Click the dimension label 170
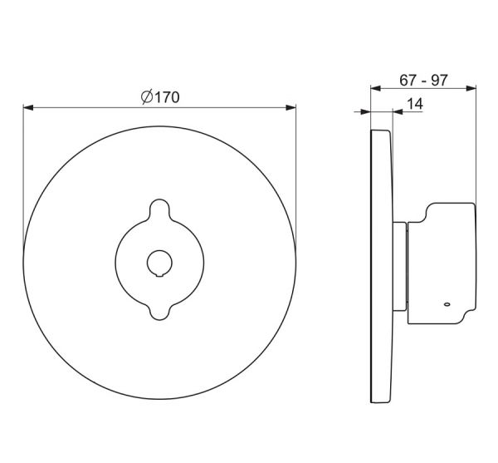pyautogui.click(x=168, y=97)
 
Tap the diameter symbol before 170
pyautogui.click(x=147, y=96)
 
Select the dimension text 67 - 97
pyautogui.click(x=423, y=80)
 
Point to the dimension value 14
pyautogui.click(x=415, y=104)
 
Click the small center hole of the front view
pyautogui.click(x=159, y=263)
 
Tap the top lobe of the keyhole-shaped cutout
pyautogui.click(x=159, y=209)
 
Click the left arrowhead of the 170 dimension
pyautogui.click(x=28, y=108)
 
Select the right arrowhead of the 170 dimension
pyautogui.click(x=291, y=108)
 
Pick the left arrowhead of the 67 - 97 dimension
pyautogui.click(x=376, y=88)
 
